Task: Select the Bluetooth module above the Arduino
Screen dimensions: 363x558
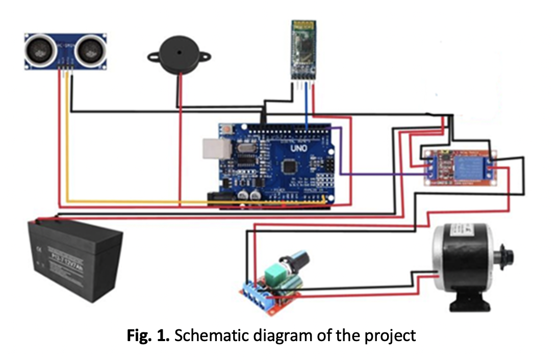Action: (x=302, y=49)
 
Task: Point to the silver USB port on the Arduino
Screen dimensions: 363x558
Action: (x=211, y=148)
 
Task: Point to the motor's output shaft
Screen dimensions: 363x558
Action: (x=511, y=253)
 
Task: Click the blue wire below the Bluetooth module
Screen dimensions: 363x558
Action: (x=306, y=110)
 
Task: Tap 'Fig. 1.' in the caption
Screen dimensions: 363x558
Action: (x=144, y=336)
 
